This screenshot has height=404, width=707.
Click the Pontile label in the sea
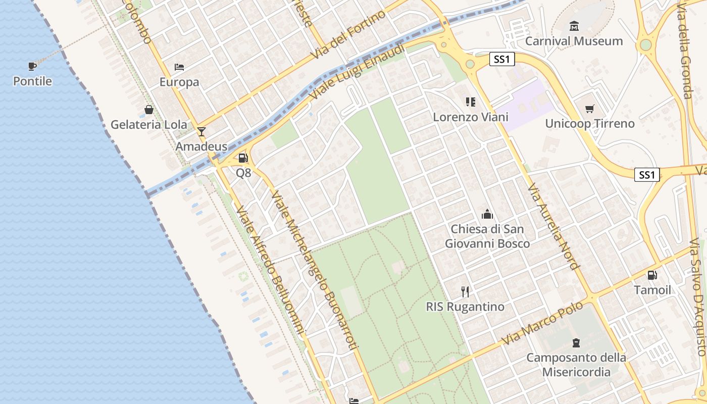coord(32,81)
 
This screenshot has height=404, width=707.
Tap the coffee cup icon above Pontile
coord(32,66)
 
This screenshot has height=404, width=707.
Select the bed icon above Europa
coord(179,67)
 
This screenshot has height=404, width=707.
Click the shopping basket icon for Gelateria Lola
coord(149,110)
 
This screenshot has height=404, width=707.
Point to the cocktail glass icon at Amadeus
coord(201,132)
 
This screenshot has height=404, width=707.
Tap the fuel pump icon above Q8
coord(243,158)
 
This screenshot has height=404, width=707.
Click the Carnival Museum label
coord(574,41)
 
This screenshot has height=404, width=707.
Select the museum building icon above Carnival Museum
coord(574,26)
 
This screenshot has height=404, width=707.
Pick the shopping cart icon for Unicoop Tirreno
coord(589,109)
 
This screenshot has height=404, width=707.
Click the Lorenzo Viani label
coord(471,117)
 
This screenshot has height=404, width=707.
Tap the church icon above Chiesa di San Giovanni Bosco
coord(487,214)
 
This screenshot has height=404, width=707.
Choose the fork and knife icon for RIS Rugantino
coord(465,291)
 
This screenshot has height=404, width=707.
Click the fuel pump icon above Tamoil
coord(652,275)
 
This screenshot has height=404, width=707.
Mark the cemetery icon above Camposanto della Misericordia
coord(576,343)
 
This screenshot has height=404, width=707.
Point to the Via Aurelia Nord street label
coord(553,227)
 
